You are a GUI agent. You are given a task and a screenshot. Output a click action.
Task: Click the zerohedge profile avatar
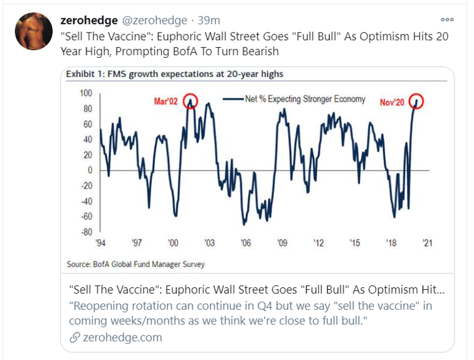click(x=34, y=31)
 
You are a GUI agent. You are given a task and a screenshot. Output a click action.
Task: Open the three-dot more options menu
click(x=446, y=19)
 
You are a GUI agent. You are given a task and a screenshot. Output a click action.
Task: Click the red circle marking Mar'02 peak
click(x=191, y=100)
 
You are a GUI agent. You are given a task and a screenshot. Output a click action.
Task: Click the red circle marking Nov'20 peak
click(x=416, y=100)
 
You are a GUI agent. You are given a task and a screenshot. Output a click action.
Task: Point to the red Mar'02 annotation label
click(x=167, y=102)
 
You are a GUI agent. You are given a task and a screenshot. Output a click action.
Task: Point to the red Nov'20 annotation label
click(x=393, y=102)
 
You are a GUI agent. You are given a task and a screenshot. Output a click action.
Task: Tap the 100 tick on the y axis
click(x=85, y=93)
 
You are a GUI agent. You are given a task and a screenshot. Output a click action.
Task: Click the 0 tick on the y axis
click(x=90, y=170)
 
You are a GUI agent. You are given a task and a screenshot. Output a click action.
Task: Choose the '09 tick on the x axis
click(x=282, y=243)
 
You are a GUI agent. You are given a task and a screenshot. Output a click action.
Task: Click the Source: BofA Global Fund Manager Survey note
click(x=135, y=264)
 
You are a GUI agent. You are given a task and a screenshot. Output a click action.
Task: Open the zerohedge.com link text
click(x=122, y=337)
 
